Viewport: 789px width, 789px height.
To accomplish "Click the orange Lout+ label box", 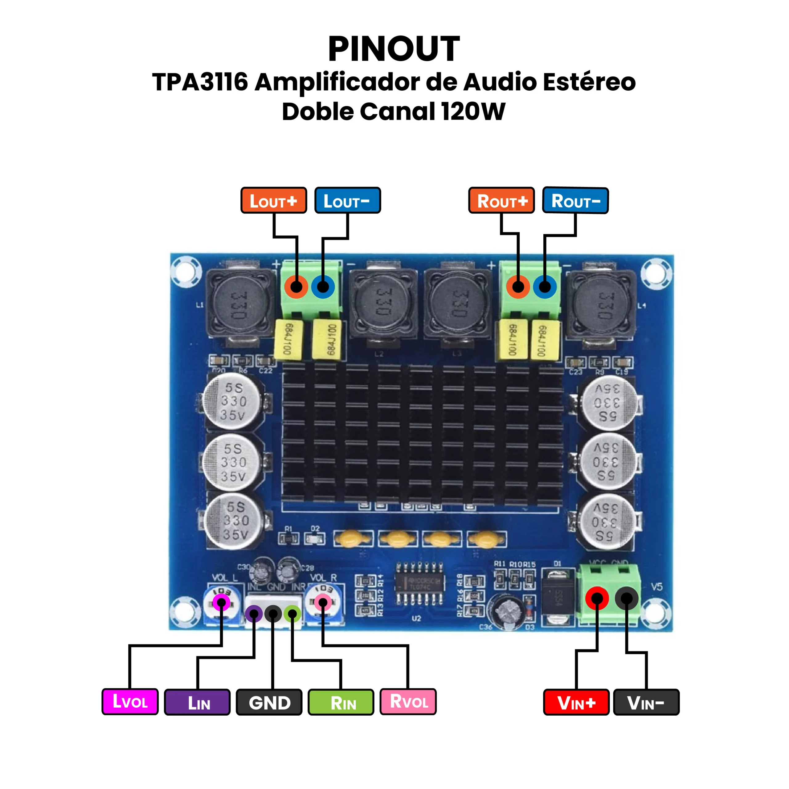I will pyautogui.click(x=273, y=201).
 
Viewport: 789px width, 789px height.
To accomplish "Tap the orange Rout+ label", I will pyautogui.click(x=501, y=201).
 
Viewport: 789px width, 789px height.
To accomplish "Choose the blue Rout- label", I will pyautogui.click(x=575, y=201).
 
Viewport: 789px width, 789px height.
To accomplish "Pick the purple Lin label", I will pyautogui.click(x=197, y=702).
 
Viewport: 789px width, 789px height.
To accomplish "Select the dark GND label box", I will pyautogui.click(x=269, y=702).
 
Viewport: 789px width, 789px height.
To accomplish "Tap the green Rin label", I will pyautogui.click(x=341, y=702).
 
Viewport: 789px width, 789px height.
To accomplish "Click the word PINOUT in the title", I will pyautogui.click(x=394, y=49).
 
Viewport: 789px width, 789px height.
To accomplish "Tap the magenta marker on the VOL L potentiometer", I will pyautogui.click(x=221, y=602).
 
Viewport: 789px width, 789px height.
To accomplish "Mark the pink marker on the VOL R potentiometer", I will pyautogui.click(x=323, y=602).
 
